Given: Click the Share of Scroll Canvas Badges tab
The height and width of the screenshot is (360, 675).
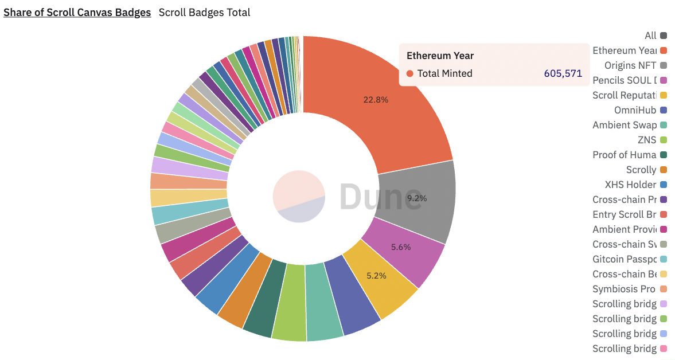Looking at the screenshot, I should [x=77, y=12].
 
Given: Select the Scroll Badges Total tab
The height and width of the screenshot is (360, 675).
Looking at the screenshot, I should [x=204, y=12].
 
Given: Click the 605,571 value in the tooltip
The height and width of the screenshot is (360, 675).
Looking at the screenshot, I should [x=563, y=73].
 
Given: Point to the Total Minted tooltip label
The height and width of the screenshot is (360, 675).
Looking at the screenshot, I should [x=444, y=73].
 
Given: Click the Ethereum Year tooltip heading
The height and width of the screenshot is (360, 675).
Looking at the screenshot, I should [x=440, y=56].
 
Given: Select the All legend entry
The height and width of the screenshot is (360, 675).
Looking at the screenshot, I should [x=650, y=36].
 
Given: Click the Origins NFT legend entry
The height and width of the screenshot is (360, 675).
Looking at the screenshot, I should [x=630, y=65].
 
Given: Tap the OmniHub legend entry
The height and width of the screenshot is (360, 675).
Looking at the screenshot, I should [x=635, y=110].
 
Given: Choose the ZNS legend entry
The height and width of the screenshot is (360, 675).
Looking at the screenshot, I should [x=647, y=140].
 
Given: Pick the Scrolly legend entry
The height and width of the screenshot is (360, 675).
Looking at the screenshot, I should [x=641, y=170].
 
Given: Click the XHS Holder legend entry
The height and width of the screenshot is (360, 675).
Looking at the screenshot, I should [x=630, y=185].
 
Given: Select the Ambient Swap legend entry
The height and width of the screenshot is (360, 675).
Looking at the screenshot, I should [x=624, y=125].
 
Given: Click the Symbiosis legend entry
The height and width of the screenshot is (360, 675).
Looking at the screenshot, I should [x=624, y=289].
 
